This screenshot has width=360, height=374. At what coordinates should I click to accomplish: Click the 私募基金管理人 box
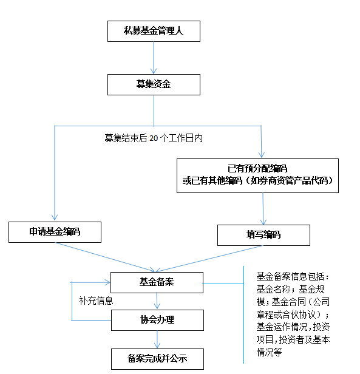click(154, 31)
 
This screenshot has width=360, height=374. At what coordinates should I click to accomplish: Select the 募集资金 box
click(154, 84)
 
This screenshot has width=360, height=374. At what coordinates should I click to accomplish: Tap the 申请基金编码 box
click(55, 232)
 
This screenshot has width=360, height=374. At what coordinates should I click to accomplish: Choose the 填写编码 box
click(263, 235)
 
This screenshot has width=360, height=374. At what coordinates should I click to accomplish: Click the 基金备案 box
click(157, 282)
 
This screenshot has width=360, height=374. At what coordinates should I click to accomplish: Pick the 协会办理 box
click(157, 320)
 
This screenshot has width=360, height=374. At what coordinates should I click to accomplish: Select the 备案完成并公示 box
click(157, 359)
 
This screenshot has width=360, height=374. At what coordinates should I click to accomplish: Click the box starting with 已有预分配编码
click(257, 175)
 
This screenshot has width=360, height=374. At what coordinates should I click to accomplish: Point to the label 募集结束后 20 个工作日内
click(154, 138)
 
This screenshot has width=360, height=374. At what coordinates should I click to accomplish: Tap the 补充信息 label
click(96, 301)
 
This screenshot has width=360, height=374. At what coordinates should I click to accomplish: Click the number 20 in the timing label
click(154, 138)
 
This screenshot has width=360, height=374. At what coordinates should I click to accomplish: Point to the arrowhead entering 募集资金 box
click(154, 71)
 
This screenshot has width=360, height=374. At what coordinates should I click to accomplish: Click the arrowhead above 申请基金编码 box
click(55, 217)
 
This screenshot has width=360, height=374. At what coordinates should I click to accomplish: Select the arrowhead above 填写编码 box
click(263, 222)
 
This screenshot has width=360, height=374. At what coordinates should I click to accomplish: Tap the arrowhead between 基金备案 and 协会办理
click(157, 306)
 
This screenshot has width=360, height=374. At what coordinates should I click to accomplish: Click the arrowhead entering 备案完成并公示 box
click(157, 345)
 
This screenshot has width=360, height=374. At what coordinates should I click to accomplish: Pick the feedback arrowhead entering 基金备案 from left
click(107, 282)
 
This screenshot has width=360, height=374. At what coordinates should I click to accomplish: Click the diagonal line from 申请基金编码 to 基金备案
click(105, 257)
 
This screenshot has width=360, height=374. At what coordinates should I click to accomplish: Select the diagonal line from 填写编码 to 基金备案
click(209, 259)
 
